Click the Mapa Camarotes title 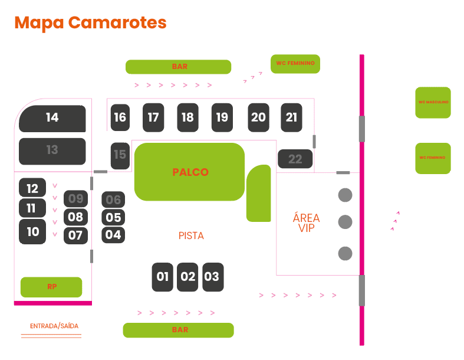click(90, 22)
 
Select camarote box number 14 click(52, 118)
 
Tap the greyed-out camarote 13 click(52, 150)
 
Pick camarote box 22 click(295, 158)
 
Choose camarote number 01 click(163, 277)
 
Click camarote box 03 click(212, 277)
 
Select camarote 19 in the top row click(222, 117)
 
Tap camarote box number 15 click(120, 155)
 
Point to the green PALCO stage click(190, 172)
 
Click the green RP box click(51, 287)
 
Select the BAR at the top click(179, 67)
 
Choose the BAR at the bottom click(179, 330)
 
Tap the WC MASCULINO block click(433, 102)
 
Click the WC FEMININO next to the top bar click(295, 63)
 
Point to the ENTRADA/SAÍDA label click(54, 326)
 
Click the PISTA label click(191, 236)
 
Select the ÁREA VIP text click(306, 223)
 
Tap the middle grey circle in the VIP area click(345, 222)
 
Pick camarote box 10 click(32, 231)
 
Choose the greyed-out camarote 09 click(75, 198)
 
